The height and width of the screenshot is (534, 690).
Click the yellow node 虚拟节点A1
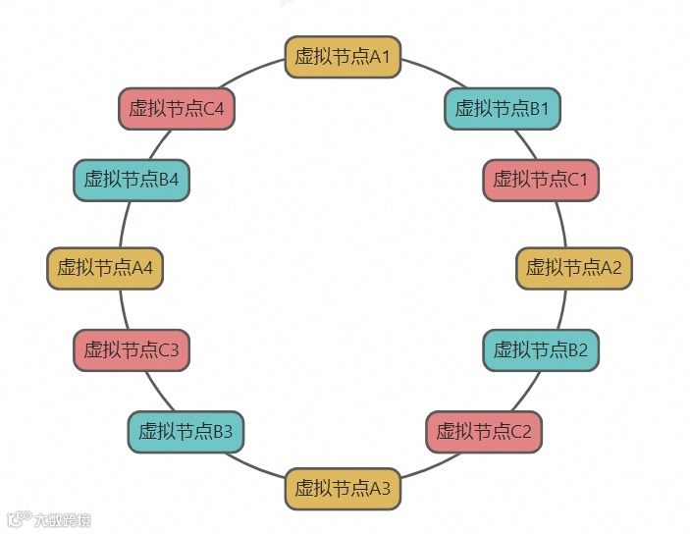[343, 57]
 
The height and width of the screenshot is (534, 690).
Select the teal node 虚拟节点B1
[502, 108]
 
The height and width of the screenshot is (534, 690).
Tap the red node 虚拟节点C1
[540, 180]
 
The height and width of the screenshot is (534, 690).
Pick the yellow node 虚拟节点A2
[573, 267]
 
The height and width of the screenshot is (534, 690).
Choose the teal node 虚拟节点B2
[540, 349]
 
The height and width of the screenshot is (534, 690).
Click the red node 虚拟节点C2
[483, 431]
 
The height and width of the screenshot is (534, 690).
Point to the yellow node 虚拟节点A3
[343, 488]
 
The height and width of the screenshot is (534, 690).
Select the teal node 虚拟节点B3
[186, 431]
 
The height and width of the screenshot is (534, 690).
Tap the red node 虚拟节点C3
[131, 349]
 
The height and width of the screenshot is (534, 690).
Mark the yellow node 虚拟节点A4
[104, 267]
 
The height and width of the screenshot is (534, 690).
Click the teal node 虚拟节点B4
[131, 180]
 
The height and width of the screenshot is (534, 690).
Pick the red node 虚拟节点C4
[177, 108]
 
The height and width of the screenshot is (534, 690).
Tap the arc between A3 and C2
[422, 466]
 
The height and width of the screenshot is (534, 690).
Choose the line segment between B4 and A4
[126, 224]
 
